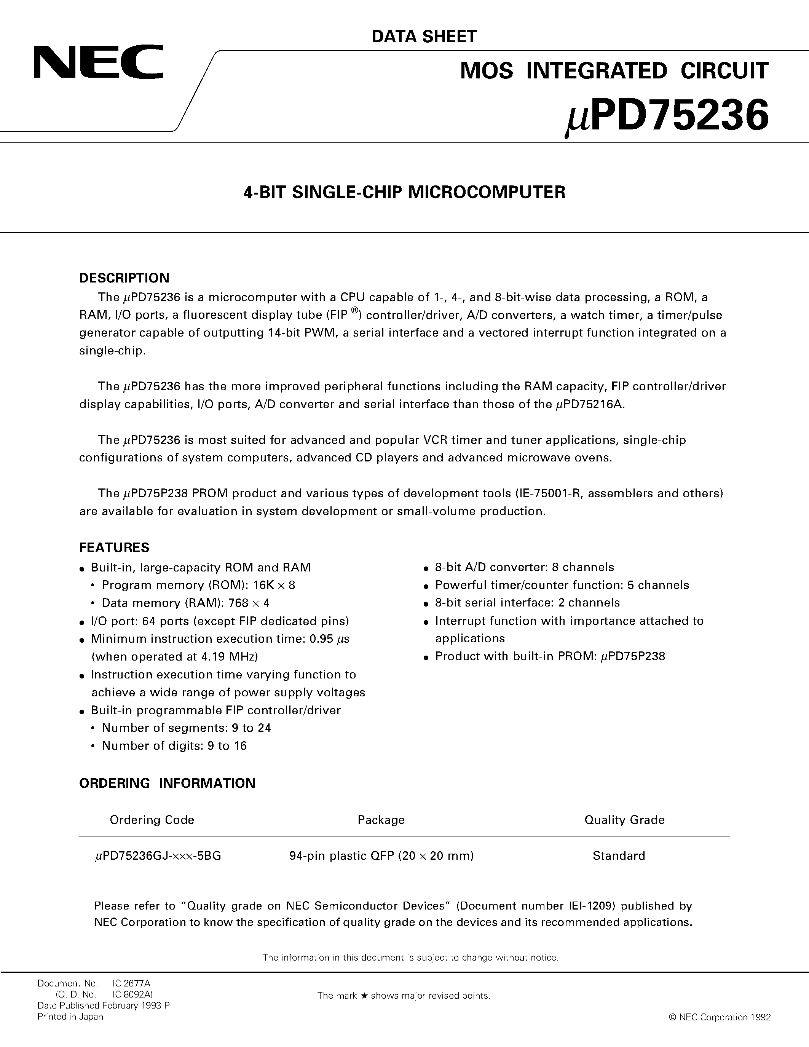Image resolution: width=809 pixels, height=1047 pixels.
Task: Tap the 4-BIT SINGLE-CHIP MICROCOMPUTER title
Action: click(x=404, y=192)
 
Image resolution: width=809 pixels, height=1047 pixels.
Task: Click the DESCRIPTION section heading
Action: click(x=124, y=278)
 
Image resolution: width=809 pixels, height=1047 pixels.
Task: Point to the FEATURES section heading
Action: click(x=114, y=547)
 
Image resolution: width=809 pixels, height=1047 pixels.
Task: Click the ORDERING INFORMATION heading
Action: click(x=167, y=783)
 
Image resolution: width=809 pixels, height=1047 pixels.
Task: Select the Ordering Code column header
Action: click(x=152, y=820)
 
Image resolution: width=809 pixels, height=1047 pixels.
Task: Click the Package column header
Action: click(x=381, y=820)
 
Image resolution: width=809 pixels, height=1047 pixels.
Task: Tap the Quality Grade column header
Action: click(x=624, y=820)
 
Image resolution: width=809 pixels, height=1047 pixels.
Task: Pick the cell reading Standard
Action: click(x=619, y=856)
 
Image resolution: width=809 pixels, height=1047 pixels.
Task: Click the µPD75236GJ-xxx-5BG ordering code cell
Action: click(x=158, y=856)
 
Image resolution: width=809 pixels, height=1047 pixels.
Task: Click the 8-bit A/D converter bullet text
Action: click(x=524, y=567)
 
